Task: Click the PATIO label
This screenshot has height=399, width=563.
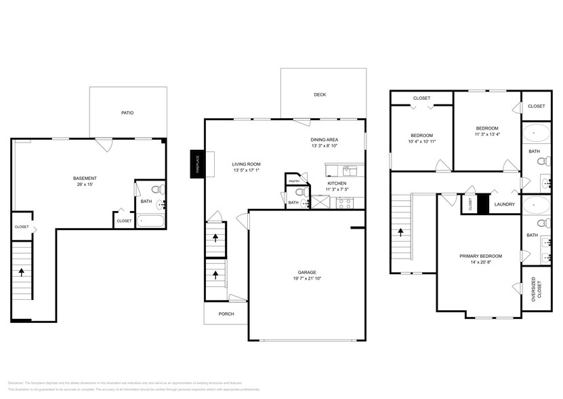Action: (x=127, y=113)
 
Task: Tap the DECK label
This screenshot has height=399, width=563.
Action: (x=320, y=95)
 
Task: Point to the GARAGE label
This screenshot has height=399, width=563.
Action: (x=307, y=273)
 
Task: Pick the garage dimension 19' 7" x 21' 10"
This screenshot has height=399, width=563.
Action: (x=307, y=280)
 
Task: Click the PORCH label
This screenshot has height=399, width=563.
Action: (x=226, y=314)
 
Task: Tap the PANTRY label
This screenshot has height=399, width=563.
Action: (x=294, y=181)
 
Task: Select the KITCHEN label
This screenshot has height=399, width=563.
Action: (x=337, y=184)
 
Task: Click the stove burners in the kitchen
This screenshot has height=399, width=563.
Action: (x=345, y=202)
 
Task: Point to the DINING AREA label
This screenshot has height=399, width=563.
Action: (x=325, y=138)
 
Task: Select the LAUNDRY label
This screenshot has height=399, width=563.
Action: (x=504, y=204)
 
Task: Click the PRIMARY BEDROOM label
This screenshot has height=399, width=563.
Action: (x=480, y=256)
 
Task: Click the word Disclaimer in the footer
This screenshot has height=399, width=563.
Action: (x=16, y=383)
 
